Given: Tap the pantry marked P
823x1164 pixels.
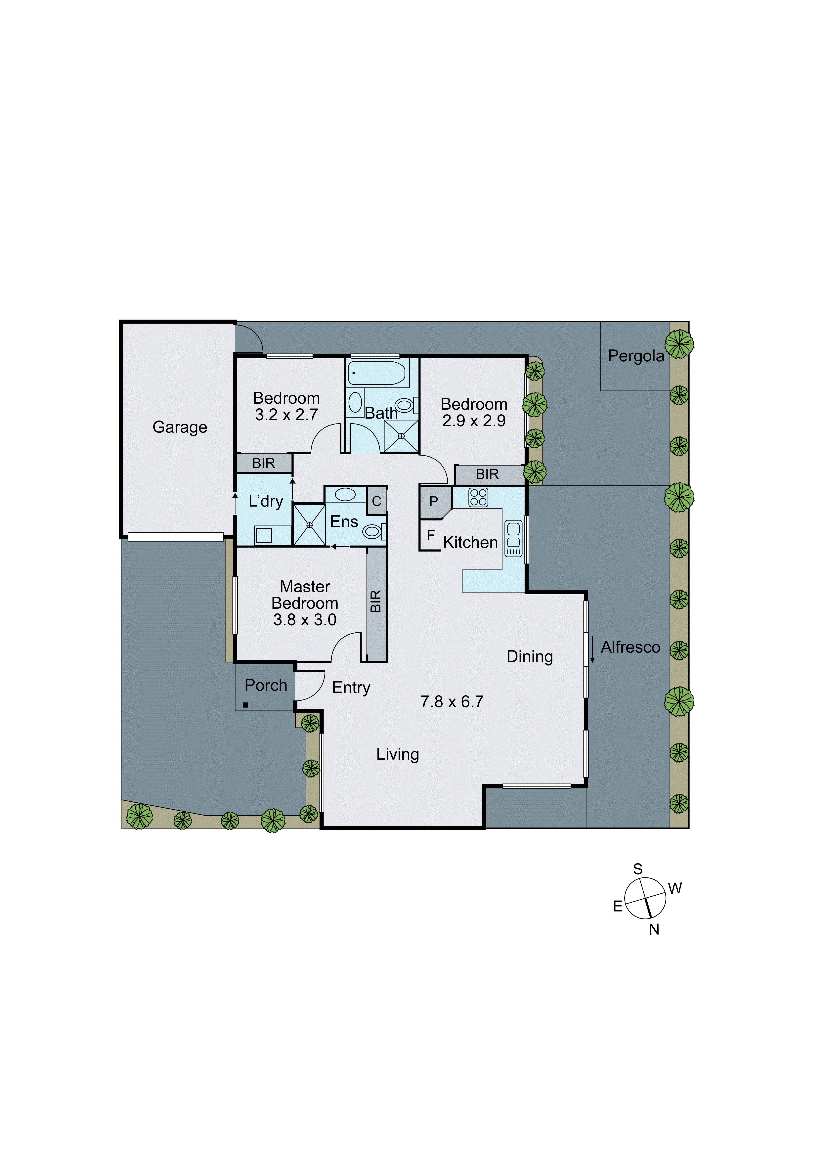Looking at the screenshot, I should pyautogui.click(x=434, y=502).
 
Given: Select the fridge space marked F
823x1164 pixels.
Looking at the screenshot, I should pyautogui.click(x=431, y=535).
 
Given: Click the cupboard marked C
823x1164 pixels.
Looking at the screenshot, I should pyautogui.click(x=376, y=501).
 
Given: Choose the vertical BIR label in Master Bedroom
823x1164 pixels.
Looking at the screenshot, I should pyautogui.click(x=375, y=601).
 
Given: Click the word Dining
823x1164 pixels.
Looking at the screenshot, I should pyautogui.click(x=530, y=656).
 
